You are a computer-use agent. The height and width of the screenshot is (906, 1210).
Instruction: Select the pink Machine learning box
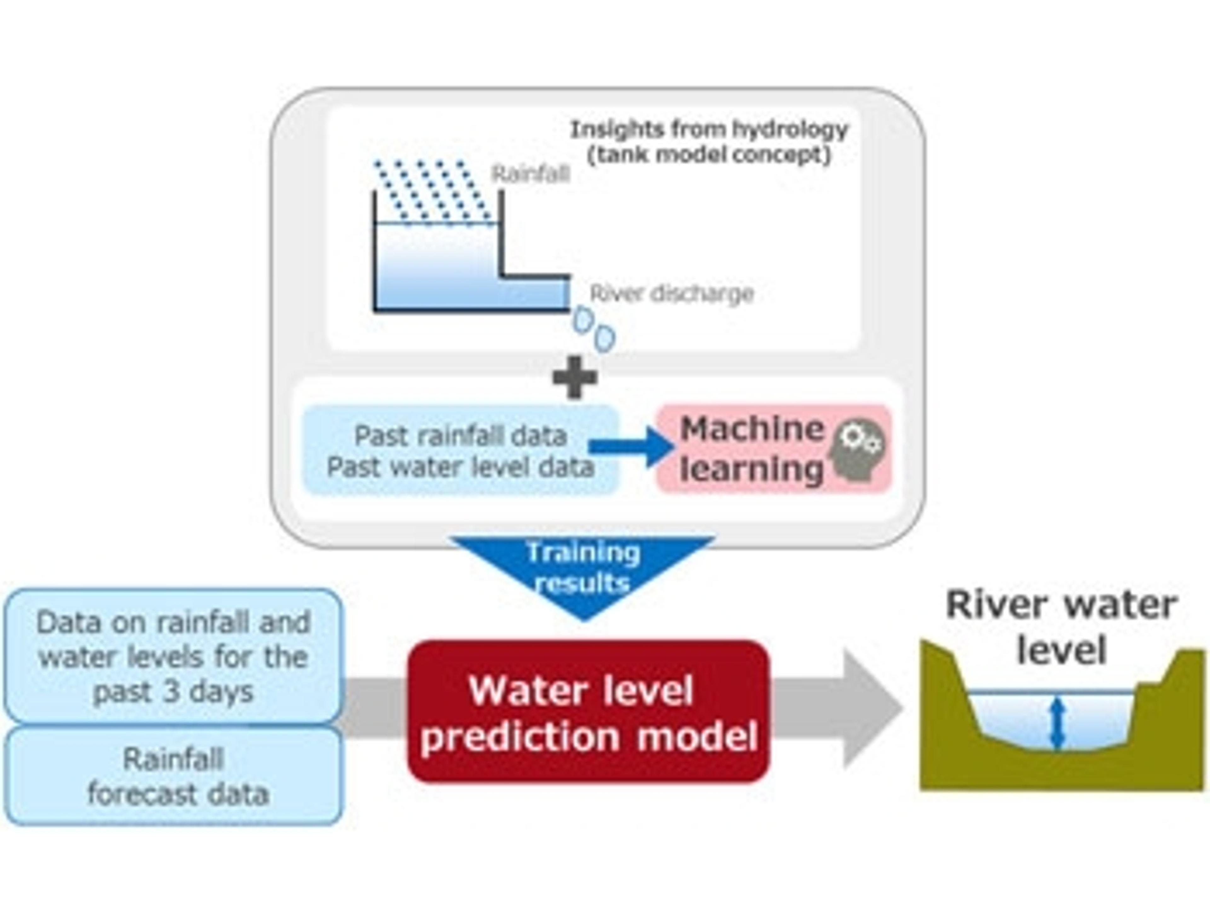click(x=774, y=449)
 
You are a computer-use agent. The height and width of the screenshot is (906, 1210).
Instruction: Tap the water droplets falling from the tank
click(x=594, y=329)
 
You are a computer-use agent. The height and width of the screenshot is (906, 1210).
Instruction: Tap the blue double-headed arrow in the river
click(x=1058, y=722)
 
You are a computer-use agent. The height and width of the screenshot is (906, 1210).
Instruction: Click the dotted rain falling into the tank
click(x=432, y=192)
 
